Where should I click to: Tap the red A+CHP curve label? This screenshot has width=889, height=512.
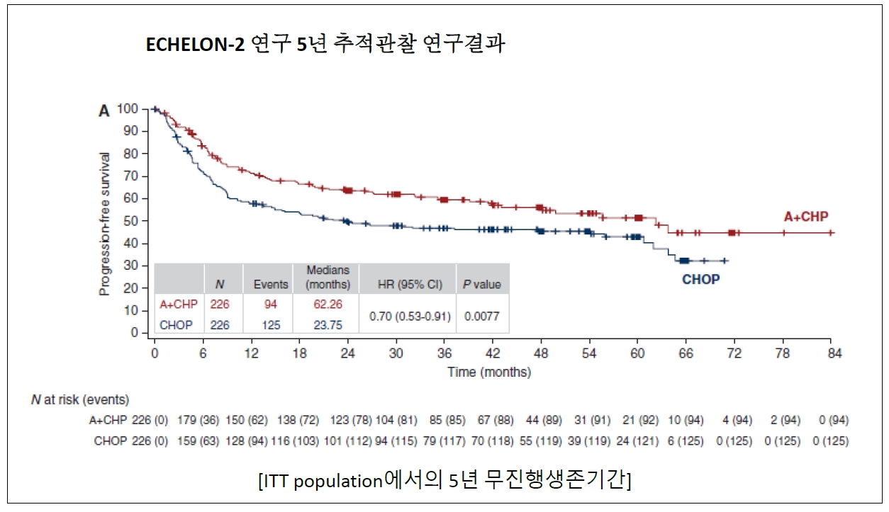point(805,217)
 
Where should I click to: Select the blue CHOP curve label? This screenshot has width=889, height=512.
point(700,280)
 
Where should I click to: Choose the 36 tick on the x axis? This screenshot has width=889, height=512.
point(445,353)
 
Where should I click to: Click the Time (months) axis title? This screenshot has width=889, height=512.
point(488,372)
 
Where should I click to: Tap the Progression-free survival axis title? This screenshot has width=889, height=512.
point(104,224)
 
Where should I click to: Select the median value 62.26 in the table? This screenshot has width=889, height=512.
point(328,304)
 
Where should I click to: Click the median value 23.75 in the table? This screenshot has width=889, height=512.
point(328,326)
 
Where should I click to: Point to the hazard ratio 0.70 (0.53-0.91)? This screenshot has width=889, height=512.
point(410,315)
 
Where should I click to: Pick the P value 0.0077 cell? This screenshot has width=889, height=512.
point(481,316)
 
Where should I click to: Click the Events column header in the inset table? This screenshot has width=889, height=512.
point(271,285)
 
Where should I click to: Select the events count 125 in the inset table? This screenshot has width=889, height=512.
point(271,326)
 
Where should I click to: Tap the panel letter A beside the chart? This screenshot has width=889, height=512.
point(104,110)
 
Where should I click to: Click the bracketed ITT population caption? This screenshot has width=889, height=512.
point(445,481)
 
